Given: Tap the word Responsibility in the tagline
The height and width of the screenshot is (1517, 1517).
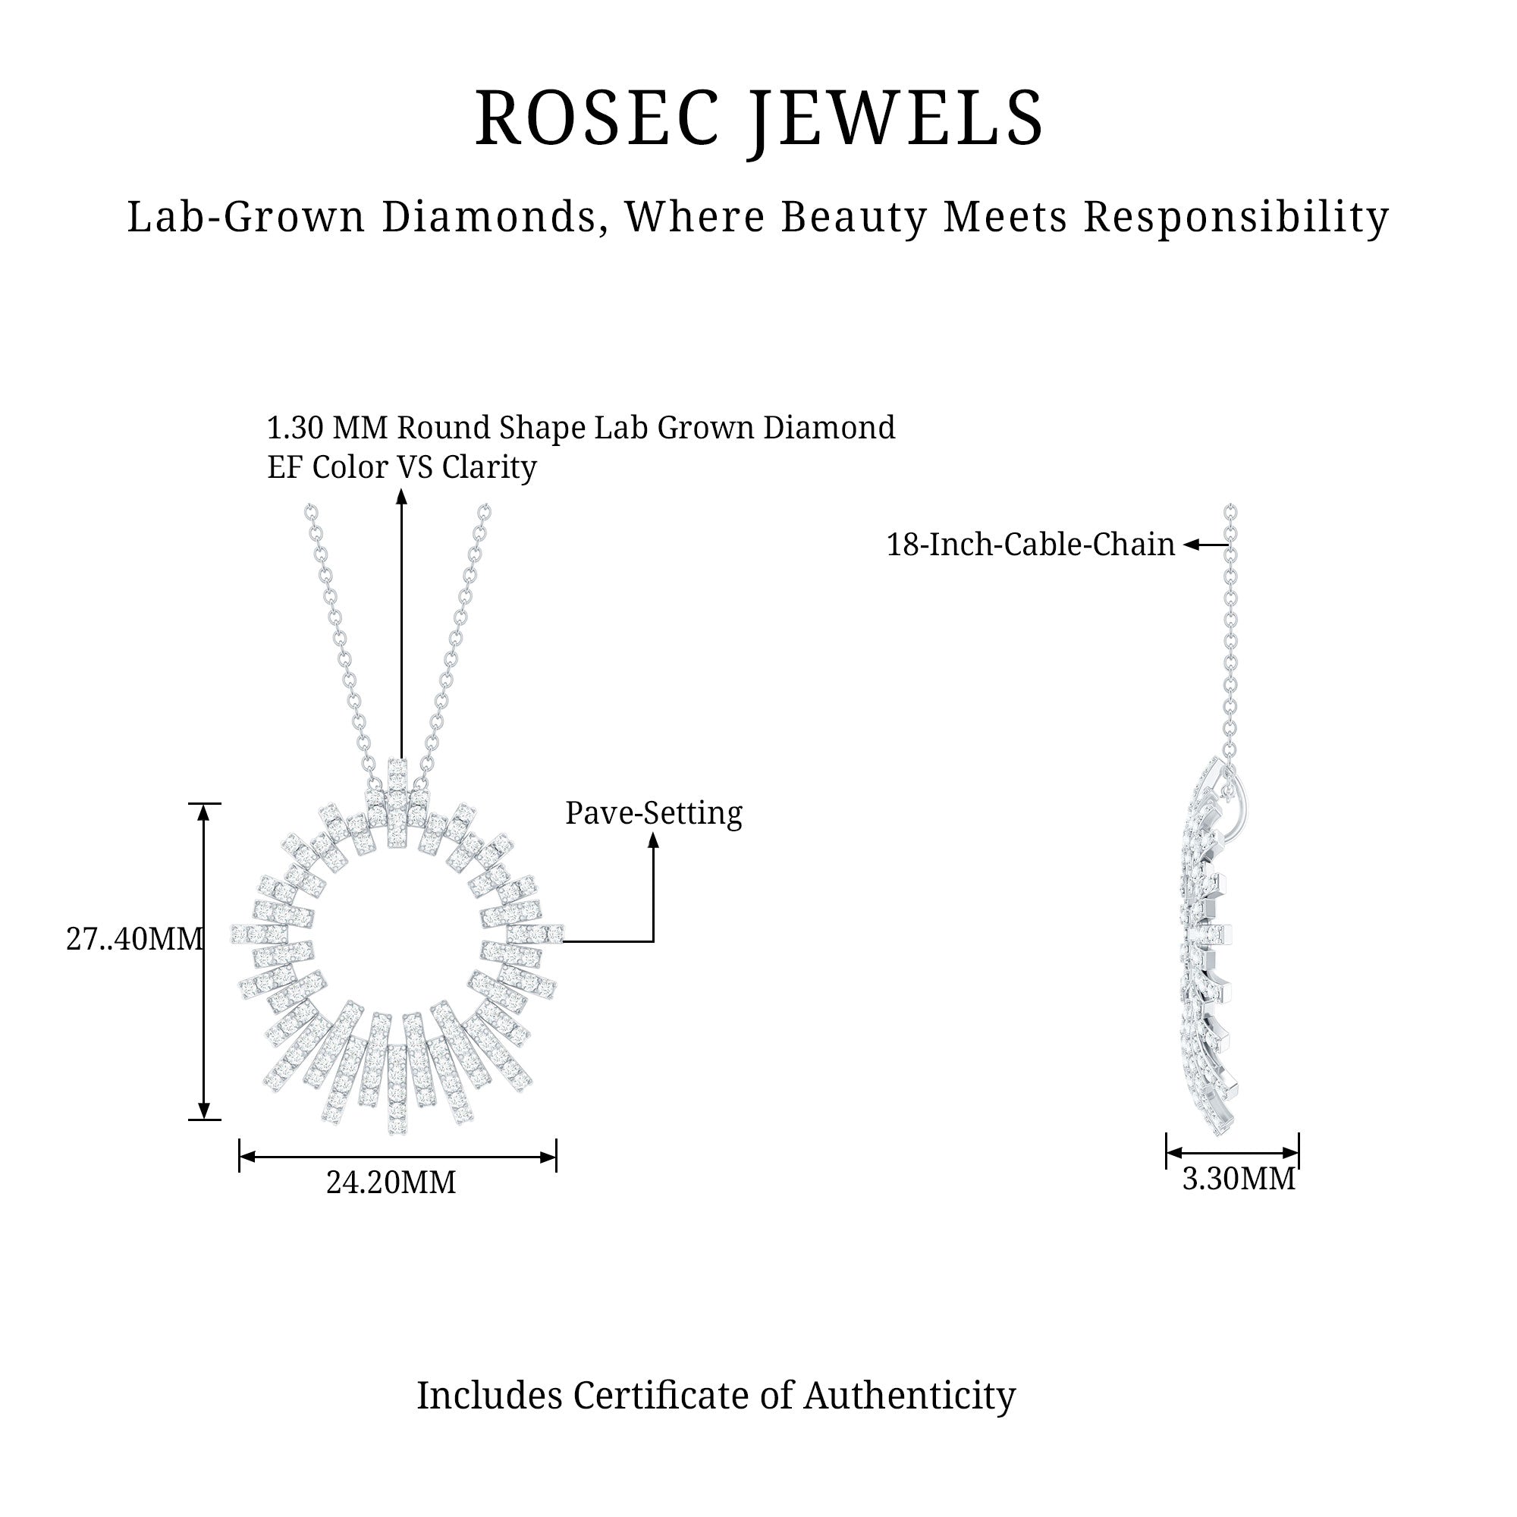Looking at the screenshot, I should pyautogui.click(x=1236, y=218).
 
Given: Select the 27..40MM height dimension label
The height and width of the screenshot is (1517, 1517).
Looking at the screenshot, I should pyautogui.click(x=134, y=939).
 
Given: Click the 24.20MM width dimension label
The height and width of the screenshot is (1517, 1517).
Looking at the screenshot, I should pyautogui.click(x=391, y=1183).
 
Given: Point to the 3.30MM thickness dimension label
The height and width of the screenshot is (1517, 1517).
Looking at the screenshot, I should pyautogui.click(x=1239, y=1179).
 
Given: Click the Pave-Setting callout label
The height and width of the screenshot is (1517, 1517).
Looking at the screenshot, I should pyautogui.click(x=653, y=813).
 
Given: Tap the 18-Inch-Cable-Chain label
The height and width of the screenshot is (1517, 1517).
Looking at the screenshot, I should pyautogui.click(x=1030, y=545).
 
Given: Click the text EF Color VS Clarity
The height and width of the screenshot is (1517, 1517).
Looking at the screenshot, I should pyautogui.click(x=401, y=468).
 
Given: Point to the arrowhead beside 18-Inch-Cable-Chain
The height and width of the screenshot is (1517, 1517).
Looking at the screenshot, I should pyautogui.click(x=1192, y=545).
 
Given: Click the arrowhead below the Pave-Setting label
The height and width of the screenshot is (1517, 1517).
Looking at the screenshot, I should pyautogui.click(x=653, y=840).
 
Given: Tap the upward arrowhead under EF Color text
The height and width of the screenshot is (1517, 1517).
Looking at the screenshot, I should pyautogui.click(x=401, y=496).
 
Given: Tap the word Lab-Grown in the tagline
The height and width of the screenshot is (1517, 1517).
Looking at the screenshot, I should pyautogui.click(x=246, y=218).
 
